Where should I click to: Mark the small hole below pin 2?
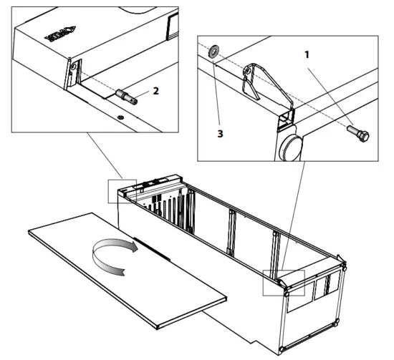point(122,114)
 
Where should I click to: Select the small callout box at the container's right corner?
point(284,283)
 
